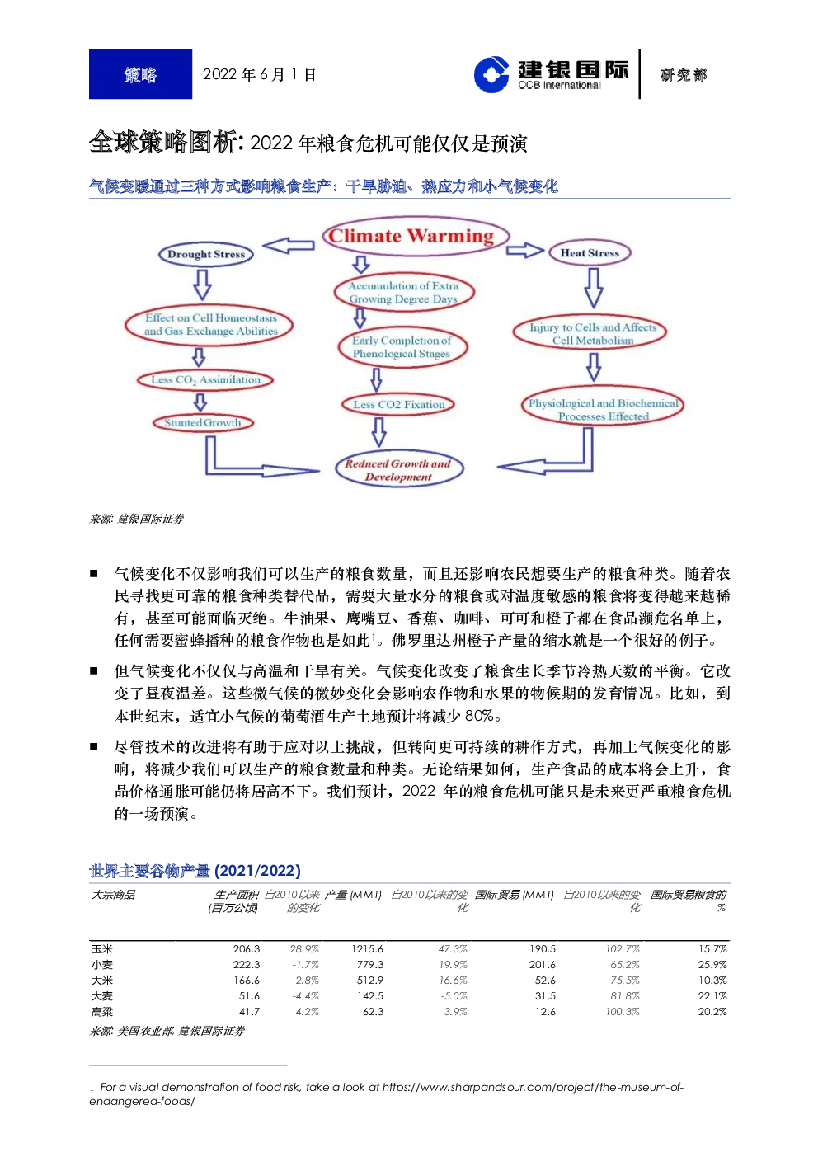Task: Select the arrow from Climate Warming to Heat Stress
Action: (524, 251)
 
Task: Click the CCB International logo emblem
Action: (491, 74)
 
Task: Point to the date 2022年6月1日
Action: (259, 75)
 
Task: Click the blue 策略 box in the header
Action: (140, 74)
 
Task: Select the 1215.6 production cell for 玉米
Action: (367, 949)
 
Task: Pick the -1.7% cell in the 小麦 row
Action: (305, 964)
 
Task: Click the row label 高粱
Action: (101, 1011)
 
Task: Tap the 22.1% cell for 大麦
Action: (712, 996)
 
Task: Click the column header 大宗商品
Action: (113, 895)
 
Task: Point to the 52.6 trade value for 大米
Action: (545, 980)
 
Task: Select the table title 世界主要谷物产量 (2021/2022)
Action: (195, 871)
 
